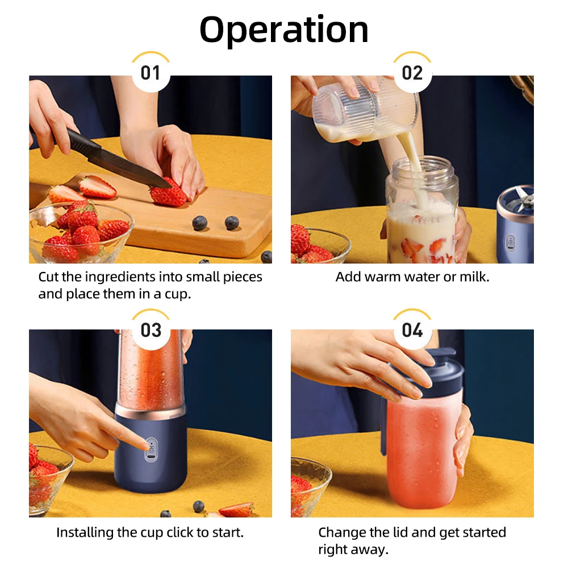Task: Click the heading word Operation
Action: click(x=284, y=30)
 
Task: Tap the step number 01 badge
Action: click(x=151, y=73)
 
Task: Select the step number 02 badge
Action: click(x=412, y=73)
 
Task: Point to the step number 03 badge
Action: click(x=151, y=330)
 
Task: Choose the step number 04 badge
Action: click(x=412, y=330)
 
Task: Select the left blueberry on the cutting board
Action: click(x=199, y=223)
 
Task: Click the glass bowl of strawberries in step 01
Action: click(x=80, y=233)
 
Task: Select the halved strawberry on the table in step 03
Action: click(x=236, y=509)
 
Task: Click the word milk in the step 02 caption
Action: click(x=473, y=277)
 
